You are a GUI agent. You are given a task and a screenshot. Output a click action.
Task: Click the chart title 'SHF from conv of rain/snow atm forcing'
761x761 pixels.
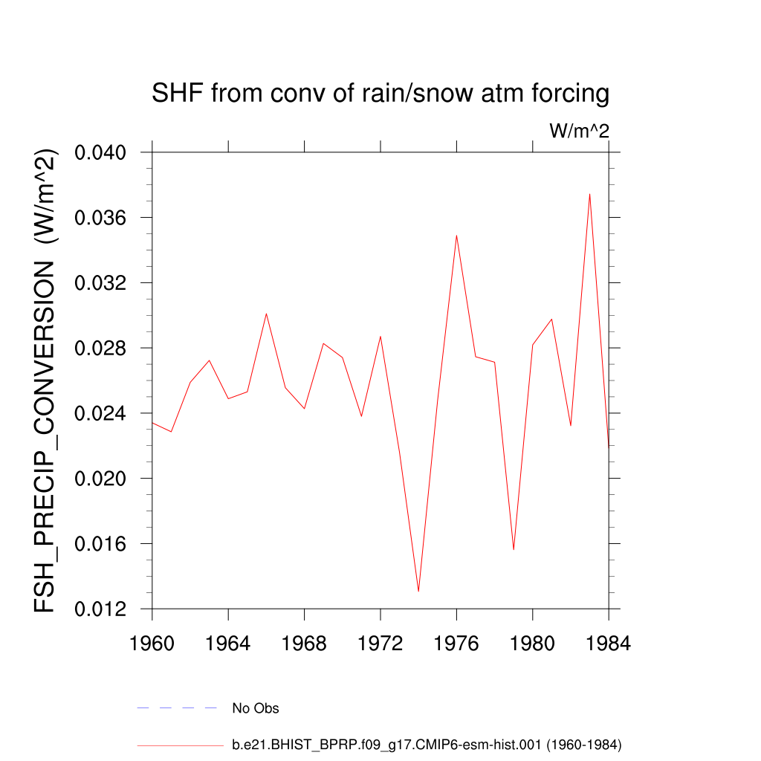click(x=380, y=94)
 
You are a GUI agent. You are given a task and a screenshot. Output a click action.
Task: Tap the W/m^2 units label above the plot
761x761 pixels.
click(x=579, y=132)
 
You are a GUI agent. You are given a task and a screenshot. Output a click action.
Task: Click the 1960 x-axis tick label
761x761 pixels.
click(x=152, y=644)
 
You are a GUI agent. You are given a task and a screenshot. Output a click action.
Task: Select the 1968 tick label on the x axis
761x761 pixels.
click(x=304, y=644)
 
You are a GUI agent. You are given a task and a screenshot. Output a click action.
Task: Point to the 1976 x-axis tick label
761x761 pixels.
click(x=456, y=644)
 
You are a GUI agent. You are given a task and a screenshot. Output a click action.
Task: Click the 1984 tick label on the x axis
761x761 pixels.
click(x=608, y=644)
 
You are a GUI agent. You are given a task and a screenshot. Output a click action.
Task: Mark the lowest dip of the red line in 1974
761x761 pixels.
click(x=418, y=591)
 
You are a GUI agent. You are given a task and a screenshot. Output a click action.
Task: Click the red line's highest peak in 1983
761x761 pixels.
click(x=589, y=194)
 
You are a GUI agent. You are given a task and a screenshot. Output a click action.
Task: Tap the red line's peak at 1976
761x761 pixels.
click(x=456, y=235)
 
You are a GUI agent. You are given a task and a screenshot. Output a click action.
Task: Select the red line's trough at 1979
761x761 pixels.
click(x=514, y=549)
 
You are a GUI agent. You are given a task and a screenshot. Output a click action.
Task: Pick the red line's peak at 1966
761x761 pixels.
click(x=266, y=314)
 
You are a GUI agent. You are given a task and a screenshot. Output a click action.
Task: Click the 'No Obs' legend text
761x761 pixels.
click(x=256, y=708)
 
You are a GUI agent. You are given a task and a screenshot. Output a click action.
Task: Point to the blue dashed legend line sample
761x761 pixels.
click(x=176, y=708)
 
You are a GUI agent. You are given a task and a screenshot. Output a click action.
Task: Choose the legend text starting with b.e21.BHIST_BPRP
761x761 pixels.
click(x=427, y=744)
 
